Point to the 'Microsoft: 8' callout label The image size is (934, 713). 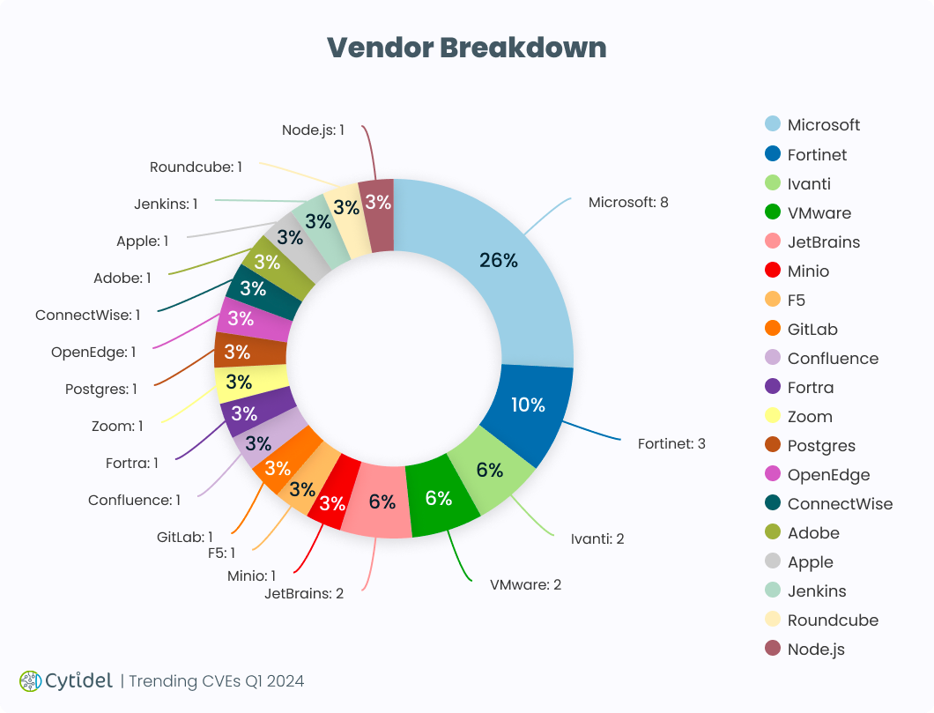[x=628, y=203]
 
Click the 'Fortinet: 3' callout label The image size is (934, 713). [x=671, y=443]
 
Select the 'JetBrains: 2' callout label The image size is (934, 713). [x=304, y=593]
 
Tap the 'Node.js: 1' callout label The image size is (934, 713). [x=313, y=130]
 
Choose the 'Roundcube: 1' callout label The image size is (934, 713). [x=196, y=167]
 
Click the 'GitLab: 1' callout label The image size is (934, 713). [x=185, y=537]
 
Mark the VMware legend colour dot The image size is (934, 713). [x=773, y=212]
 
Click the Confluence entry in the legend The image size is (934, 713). [x=833, y=359]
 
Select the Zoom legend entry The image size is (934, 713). [x=809, y=417]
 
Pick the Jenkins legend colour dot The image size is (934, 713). [x=773, y=590]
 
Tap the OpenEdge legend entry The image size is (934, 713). [x=828, y=475]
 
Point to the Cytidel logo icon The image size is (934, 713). [x=30, y=680]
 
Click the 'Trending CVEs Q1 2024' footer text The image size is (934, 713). [x=217, y=681]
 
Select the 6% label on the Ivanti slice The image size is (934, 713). [x=490, y=471]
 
